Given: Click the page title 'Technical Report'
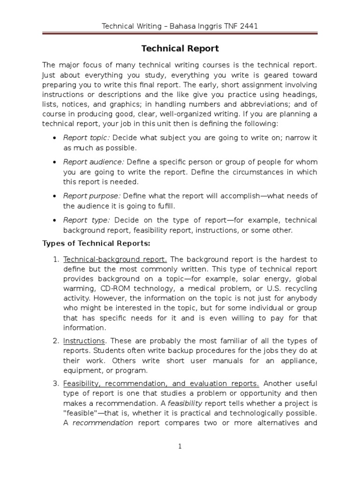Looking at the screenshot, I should [180, 49].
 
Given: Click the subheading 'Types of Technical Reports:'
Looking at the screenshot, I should [97, 243].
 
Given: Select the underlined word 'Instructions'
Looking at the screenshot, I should [84, 340].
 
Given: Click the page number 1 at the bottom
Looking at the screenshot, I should [180, 447].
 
